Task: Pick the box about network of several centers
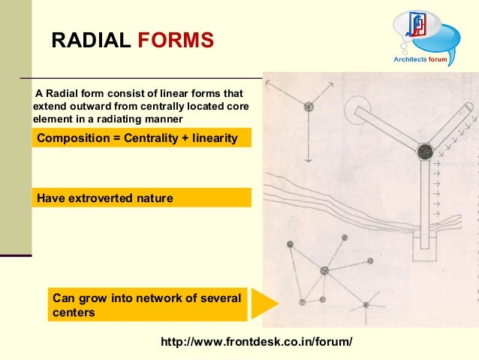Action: (x=147, y=305)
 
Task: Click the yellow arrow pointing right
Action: (x=264, y=304)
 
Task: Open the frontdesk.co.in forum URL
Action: (x=256, y=342)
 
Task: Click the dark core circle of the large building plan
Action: (x=424, y=152)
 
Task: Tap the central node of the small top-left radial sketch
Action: (x=309, y=107)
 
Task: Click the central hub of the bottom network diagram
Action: (x=324, y=271)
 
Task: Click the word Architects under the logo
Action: (x=411, y=59)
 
